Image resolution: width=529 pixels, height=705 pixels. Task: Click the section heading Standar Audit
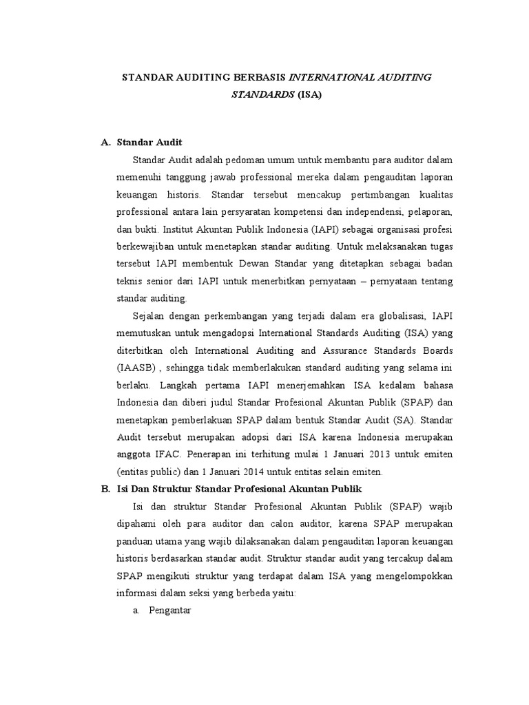(149, 143)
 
